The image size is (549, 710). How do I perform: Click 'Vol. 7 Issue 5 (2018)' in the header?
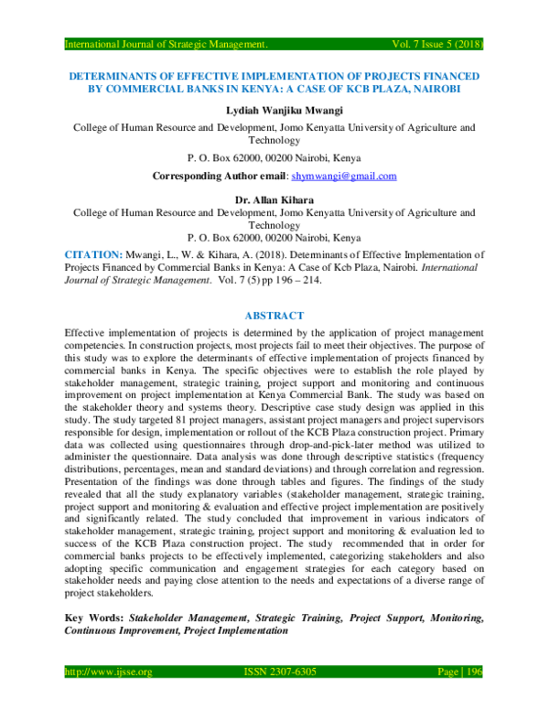click(426, 43)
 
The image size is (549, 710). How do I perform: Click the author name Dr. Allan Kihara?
click(274, 196)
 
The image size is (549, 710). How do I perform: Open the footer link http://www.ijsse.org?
click(107, 672)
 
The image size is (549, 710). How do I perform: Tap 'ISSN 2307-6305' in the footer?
click(280, 672)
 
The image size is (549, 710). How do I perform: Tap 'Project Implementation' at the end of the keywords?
click(236, 630)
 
